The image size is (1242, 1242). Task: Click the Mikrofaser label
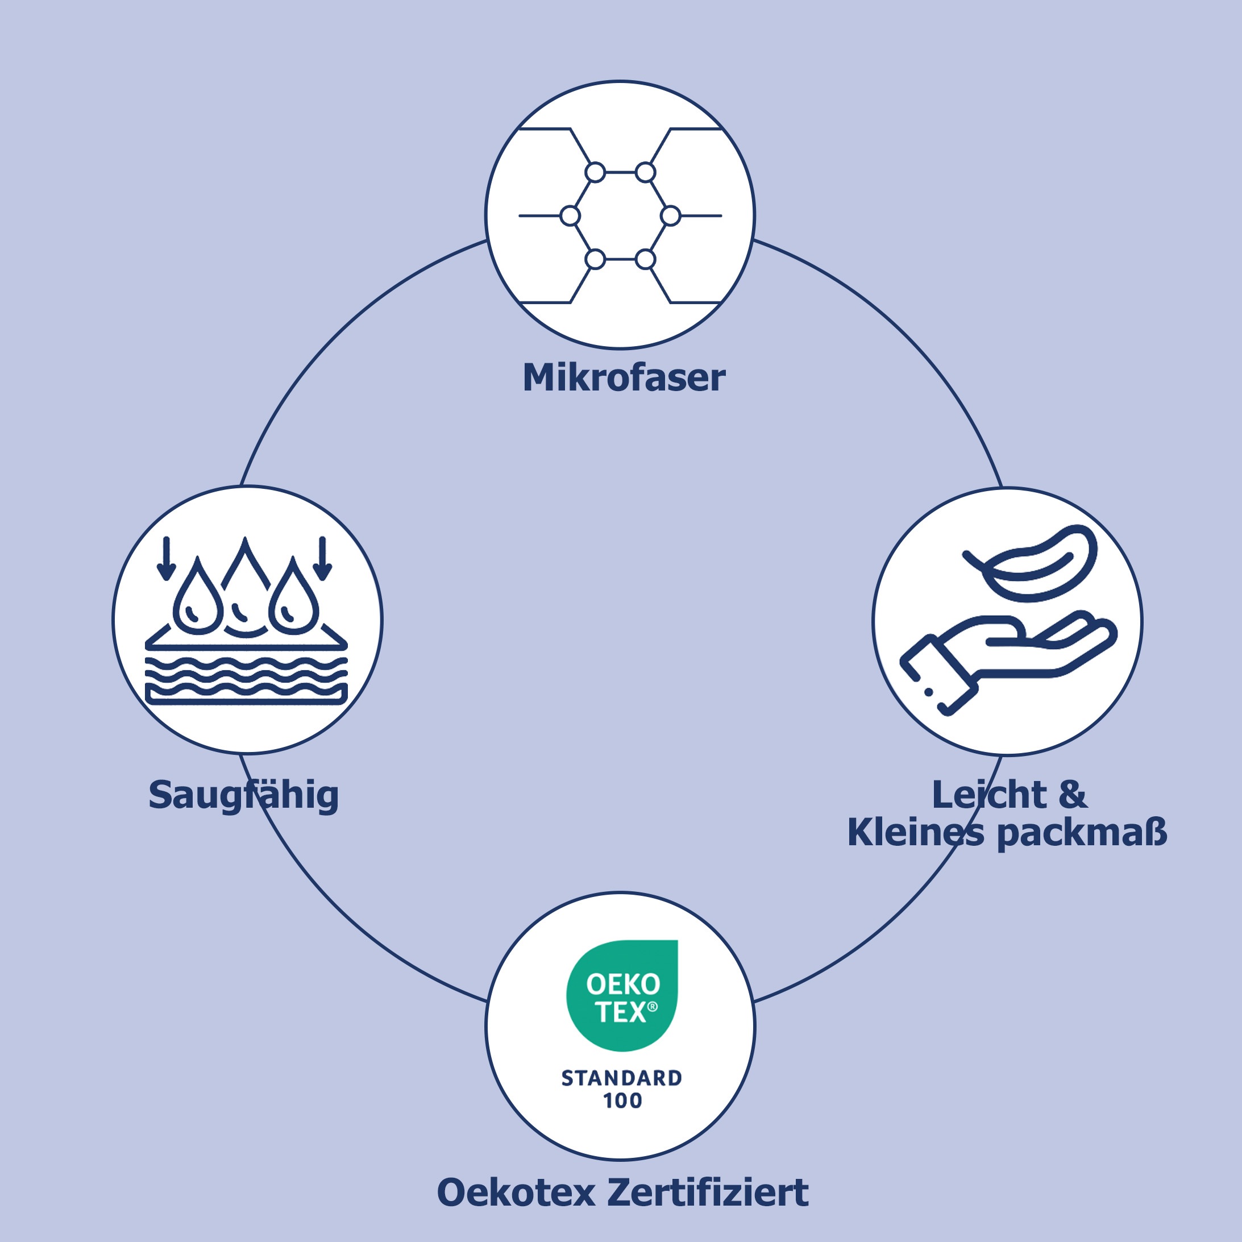[x=624, y=377]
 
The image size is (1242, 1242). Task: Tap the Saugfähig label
[x=243, y=796]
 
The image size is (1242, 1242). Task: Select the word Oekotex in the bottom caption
[x=516, y=1193]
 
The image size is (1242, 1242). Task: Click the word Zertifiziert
[x=707, y=1193]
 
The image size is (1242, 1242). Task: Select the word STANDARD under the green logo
[x=622, y=1079]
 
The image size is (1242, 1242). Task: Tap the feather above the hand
[x=1036, y=563]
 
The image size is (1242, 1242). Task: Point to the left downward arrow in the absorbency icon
[x=167, y=558]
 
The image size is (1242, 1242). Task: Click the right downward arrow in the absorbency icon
[x=323, y=558]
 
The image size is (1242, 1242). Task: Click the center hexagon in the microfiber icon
[x=620, y=216]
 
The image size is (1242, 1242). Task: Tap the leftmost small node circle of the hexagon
[x=570, y=216]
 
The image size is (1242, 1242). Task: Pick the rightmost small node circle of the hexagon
[x=671, y=216]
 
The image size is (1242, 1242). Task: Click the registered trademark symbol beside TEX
[x=653, y=1007]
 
